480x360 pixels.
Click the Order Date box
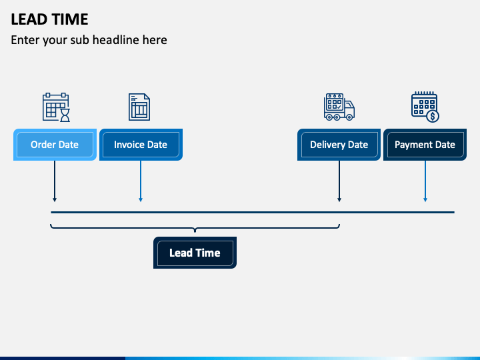(x=55, y=145)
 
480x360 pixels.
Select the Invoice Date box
(x=141, y=145)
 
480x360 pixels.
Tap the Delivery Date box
(x=339, y=145)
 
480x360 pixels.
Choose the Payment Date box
(x=425, y=145)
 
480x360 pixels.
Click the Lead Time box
(x=195, y=253)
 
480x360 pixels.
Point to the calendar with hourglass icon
(x=56, y=107)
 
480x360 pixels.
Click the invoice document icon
(x=139, y=107)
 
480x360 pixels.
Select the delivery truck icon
(x=339, y=107)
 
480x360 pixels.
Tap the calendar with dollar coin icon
(x=425, y=107)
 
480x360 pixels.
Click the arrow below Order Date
(x=55, y=181)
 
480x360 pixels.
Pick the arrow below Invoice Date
(x=141, y=181)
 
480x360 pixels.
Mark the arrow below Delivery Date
(x=339, y=181)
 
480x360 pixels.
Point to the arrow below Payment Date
(x=425, y=181)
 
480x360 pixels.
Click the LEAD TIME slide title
(x=49, y=19)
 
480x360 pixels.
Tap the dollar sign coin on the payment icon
(x=433, y=116)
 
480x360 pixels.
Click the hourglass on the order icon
(x=65, y=115)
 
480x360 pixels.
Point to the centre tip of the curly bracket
(x=195, y=232)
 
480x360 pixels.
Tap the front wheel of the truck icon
(x=349, y=117)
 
